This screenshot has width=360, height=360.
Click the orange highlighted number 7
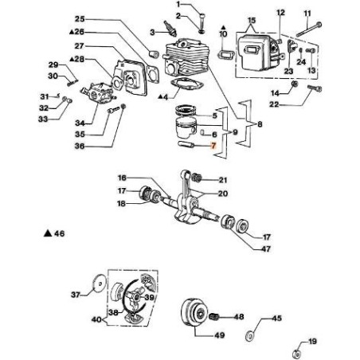tap(212, 147)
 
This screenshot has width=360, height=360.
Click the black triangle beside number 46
tap(49, 234)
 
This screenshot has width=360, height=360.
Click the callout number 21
tap(221, 180)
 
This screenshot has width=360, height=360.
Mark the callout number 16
tap(122, 178)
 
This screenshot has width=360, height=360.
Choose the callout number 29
tap(53, 65)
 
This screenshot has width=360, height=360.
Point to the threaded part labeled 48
tap(215, 316)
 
